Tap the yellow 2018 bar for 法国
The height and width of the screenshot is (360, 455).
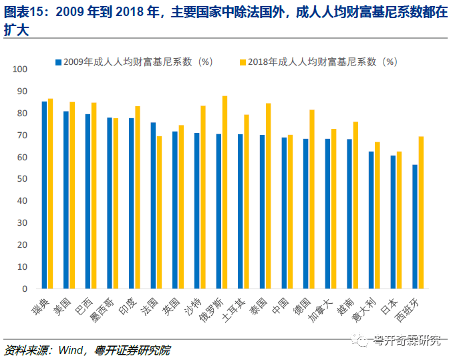pyautogui.click(x=159, y=212)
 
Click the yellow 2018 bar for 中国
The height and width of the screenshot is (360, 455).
pyautogui.click(x=290, y=212)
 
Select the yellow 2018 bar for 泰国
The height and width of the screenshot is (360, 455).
pyautogui.click(x=268, y=196)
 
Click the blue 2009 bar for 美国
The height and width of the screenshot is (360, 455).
pyautogui.click(x=66, y=200)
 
